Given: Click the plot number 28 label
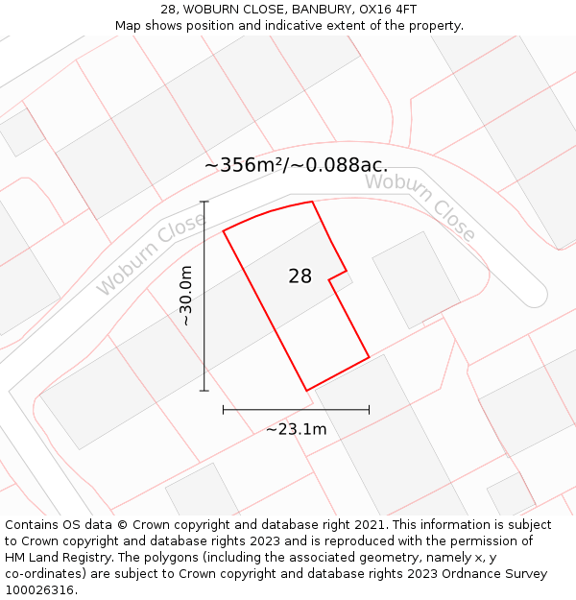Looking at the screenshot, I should coord(300,276).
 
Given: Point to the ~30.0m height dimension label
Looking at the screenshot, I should coord(186,296).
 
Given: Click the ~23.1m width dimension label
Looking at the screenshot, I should coord(296,429).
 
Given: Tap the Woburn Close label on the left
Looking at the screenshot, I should coord(151,254).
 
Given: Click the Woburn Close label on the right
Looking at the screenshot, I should coord(420,206).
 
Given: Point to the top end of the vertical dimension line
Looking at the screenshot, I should coord(204,202).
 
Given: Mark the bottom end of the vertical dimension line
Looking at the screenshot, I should coord(204,391).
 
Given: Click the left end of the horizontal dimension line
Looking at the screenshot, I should coord(223,410).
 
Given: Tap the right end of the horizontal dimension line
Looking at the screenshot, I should coord(369,410).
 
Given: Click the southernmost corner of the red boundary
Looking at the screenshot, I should coord(306,391).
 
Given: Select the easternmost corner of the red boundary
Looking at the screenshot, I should coord(369,358).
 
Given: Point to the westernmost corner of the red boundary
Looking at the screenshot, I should coord(223,231).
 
